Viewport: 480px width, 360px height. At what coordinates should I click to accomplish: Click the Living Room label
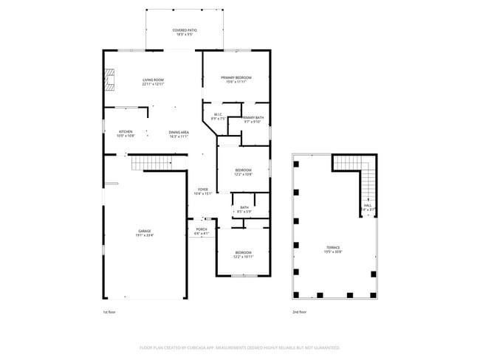(153, 81)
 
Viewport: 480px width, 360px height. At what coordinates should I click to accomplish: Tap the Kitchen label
(126, 134)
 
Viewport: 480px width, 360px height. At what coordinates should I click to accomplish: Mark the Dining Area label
(179, 134)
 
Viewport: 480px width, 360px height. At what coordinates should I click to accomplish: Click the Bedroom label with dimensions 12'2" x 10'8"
(243, 172)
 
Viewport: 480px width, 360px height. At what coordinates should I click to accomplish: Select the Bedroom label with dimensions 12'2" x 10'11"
(243, 254)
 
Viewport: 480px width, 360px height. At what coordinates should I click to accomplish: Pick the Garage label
(144, 233)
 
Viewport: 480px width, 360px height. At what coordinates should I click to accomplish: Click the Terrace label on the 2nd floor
(334, 249)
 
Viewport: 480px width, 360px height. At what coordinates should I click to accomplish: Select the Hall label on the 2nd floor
(367, 207)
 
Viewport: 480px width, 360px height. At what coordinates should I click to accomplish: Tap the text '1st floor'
(110, 312)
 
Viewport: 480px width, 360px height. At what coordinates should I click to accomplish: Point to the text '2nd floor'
(300, 312)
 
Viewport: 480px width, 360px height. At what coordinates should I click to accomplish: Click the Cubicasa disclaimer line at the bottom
(239, 347)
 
